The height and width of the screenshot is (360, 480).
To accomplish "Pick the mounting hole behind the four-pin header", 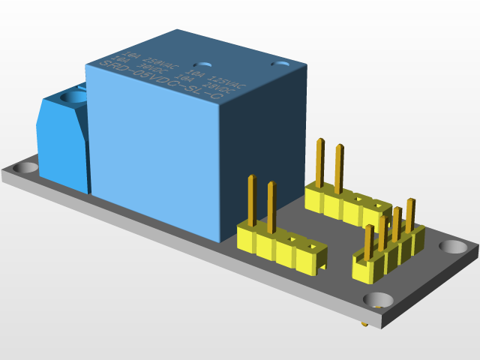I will coord(452,246).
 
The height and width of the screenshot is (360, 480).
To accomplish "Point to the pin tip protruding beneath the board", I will coord(364,325).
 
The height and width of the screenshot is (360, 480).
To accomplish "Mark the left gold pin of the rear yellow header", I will coord(320,162).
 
